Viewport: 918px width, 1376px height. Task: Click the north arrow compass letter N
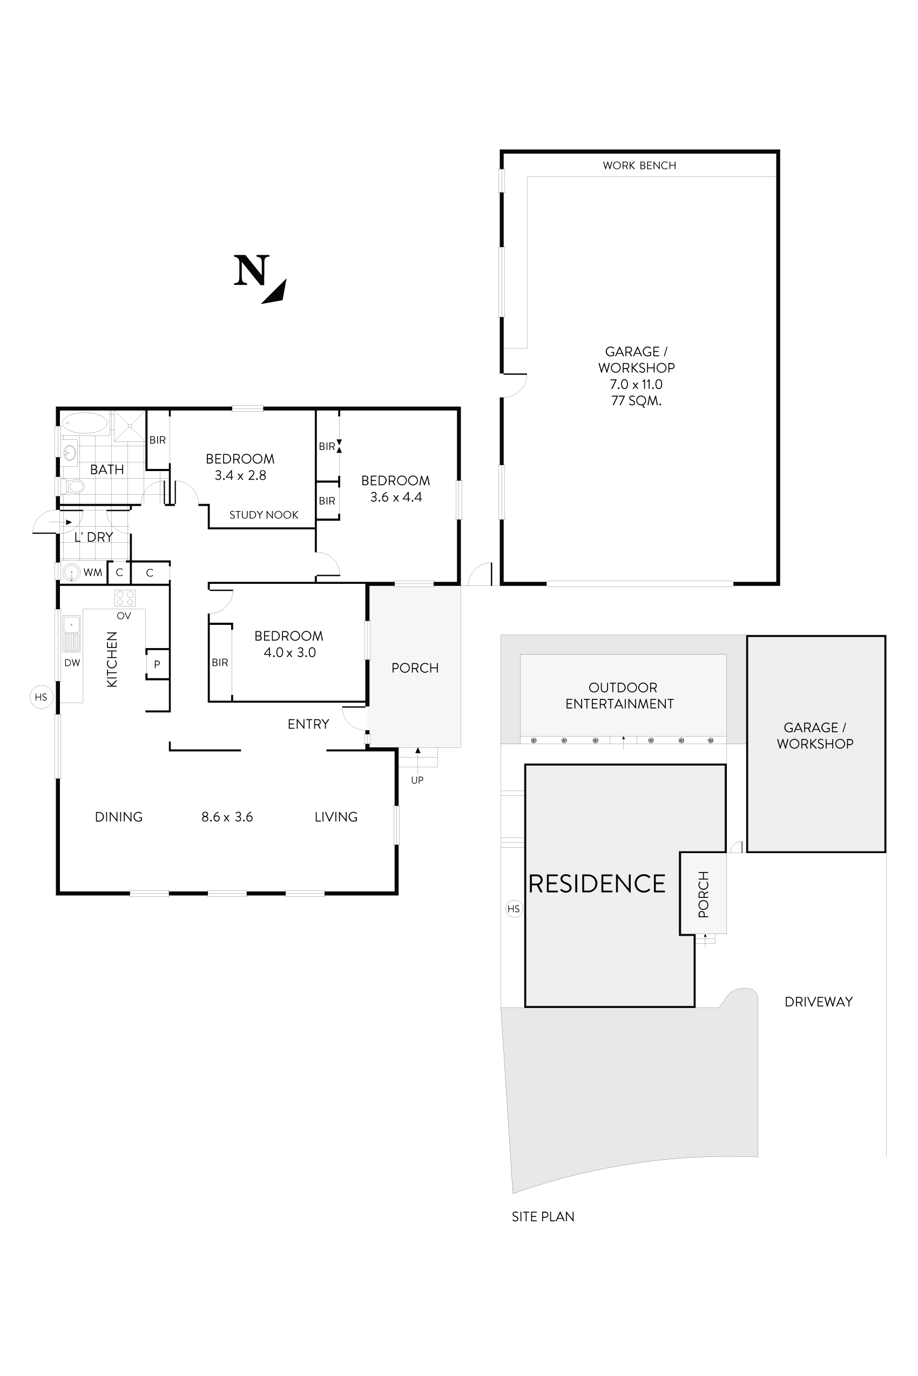[252, 271]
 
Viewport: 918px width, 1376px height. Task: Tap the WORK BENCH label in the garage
[639, 166]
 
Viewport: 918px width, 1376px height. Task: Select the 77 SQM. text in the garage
[636, 401]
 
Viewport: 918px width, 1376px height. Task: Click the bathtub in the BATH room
[85, 423]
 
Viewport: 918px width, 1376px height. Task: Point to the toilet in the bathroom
[75, 486]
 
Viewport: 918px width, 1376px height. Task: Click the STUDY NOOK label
[264, 515]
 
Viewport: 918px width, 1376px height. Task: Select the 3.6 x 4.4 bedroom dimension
[396, 498]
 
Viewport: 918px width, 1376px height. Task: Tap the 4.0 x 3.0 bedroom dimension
[289, 652]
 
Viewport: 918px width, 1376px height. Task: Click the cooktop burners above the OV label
[125, 598]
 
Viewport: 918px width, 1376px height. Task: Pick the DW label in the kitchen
[72, 663]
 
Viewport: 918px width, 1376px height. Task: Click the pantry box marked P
[157, 664]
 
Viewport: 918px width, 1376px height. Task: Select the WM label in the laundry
[92, 572]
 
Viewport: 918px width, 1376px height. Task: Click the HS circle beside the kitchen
[41, 697]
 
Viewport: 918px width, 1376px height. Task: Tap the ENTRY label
[308, 724]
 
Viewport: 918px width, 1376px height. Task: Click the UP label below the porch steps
[417, 780]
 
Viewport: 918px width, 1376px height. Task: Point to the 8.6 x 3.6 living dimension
[227, 817]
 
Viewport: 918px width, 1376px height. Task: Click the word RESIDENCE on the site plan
[597, 884]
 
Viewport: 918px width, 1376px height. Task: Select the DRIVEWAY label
[818, 1002]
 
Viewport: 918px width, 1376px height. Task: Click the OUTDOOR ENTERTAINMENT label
[620, 696]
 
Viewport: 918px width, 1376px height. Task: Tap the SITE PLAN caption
[543, 1216]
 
